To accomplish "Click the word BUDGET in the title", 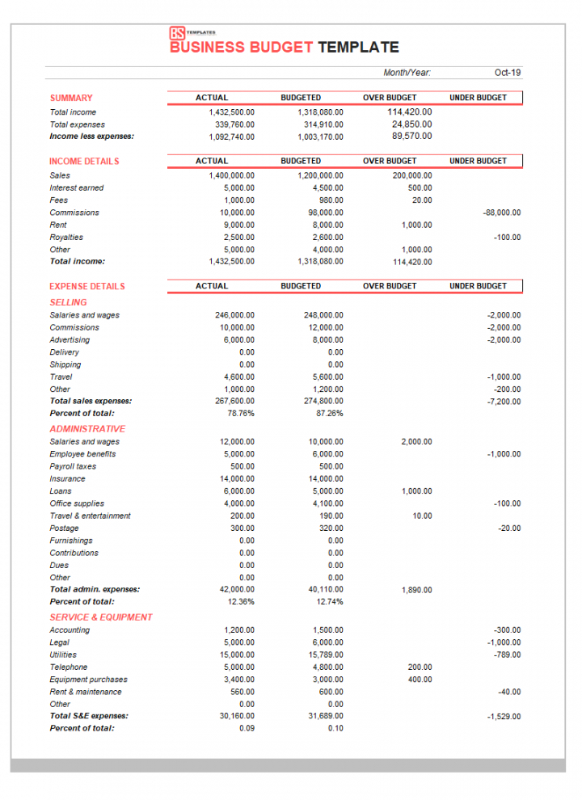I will pyautogui.click(x=281, y=48).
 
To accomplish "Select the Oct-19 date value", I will pyautogui.click(x=508, y=73).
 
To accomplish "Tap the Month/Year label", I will pyautogui.click(x=407, y=73).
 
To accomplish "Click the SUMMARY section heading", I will pyautogui.click(x=71, y=98).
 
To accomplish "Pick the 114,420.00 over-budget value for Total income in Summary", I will pyautogui.click(x=410, y=112).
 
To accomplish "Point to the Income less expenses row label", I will pyautogui.click(x=91, y=137).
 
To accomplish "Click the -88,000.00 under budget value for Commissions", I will pyautogui.click(x=502, y=213).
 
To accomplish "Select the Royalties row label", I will pyautogui.click(x=66, y=238).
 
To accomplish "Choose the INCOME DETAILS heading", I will pyautogui.click(x=84, y=162).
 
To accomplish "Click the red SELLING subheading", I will pyautogui.click(x=68, y=302).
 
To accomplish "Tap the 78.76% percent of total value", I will pyautogui.click(x=241, y=414).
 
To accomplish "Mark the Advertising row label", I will pyautogui.click(x=70, y=340).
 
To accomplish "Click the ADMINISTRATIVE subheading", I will pyautogui.click(x=87, y=429).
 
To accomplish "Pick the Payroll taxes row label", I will pyautogui.click(x=73, y=466).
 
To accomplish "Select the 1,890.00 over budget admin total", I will pyautogui.click(x=416, y=590).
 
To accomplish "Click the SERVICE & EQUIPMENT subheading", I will pyautogui.click(x=101, y=617).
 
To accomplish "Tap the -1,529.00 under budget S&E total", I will pyautogui.click(x=504, y=716).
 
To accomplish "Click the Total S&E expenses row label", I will pyautogui.click(x=89, y=716).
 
